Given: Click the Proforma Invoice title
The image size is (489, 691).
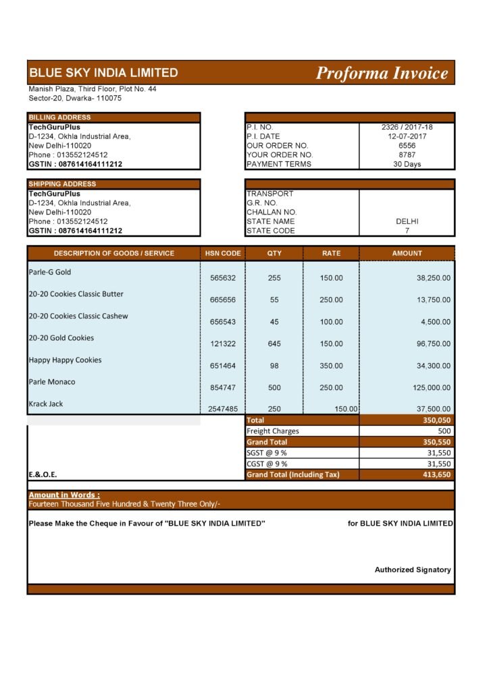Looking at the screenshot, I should pos(382,73).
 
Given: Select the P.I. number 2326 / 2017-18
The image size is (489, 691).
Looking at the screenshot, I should pos(407,127).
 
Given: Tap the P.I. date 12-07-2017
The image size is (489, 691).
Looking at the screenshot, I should pos(407,136).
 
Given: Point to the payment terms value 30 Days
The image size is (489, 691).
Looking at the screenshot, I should pos(407,164).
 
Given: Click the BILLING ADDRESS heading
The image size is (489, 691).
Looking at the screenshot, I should pos(59,117).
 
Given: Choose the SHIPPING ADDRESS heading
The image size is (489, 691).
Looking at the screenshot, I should pos(62,184).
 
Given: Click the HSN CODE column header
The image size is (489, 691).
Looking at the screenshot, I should pos(223,253).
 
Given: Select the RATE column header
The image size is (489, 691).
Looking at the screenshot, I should pos(331,253).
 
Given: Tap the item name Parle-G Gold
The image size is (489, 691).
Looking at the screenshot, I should pos(49,272).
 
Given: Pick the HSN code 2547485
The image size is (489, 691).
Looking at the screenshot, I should pos(223,409).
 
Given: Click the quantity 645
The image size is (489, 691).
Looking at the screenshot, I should pos(274,343).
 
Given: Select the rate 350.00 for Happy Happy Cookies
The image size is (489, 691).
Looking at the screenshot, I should pos(331,365).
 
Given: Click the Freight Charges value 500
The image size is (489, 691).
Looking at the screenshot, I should pos(444,431).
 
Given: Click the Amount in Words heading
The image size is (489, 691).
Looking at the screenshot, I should pos(64,495).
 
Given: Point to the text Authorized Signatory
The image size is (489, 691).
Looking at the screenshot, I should pos(413,570).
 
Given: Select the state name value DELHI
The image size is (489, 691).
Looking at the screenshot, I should pos(407,221).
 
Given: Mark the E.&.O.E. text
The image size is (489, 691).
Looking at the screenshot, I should pos(43,474).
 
